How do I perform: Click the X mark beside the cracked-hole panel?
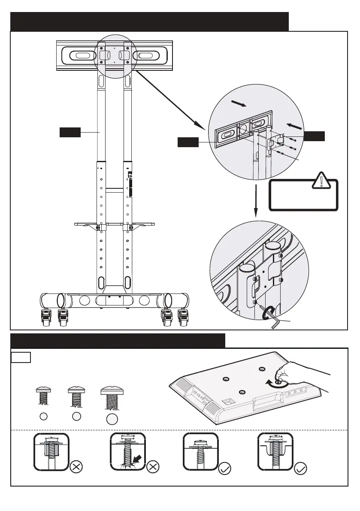154,467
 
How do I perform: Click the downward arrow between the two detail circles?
256,201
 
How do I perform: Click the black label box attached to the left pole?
70,133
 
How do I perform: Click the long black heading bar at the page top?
149,21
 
